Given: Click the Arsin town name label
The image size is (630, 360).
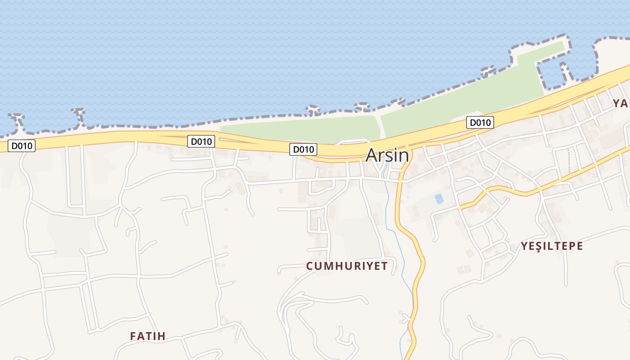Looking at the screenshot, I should tap(387, 155).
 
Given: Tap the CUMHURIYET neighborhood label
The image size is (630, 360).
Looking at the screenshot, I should tap(346, 266).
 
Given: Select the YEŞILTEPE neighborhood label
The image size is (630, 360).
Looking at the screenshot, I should tap(552, 246).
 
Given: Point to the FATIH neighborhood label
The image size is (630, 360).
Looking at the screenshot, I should tap(148, 336).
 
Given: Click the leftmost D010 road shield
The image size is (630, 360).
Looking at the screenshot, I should tap(22, 146).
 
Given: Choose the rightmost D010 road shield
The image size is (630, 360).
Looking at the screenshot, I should tap(480, 122).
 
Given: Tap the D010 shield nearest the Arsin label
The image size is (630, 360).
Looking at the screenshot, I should tap(303, 149).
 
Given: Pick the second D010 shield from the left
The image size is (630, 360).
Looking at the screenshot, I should tap(201, 141).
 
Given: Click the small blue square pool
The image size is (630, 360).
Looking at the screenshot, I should tap(439, 198).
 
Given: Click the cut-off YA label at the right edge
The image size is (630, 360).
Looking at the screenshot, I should tap(621, 103).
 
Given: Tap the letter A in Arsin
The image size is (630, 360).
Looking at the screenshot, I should tap(372, 155).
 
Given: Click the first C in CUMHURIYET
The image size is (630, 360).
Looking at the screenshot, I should tap(310, 266).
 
